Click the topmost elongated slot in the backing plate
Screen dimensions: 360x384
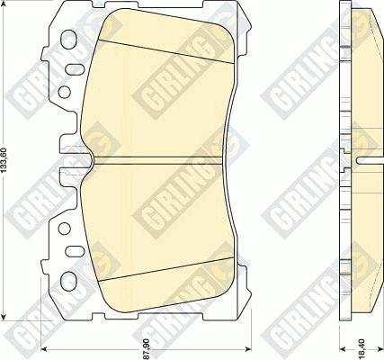click(65, 41)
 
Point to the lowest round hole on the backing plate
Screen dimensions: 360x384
click(63, 251)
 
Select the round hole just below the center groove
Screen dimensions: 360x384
click(62, 229)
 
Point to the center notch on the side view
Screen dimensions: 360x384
click(364, 161)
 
